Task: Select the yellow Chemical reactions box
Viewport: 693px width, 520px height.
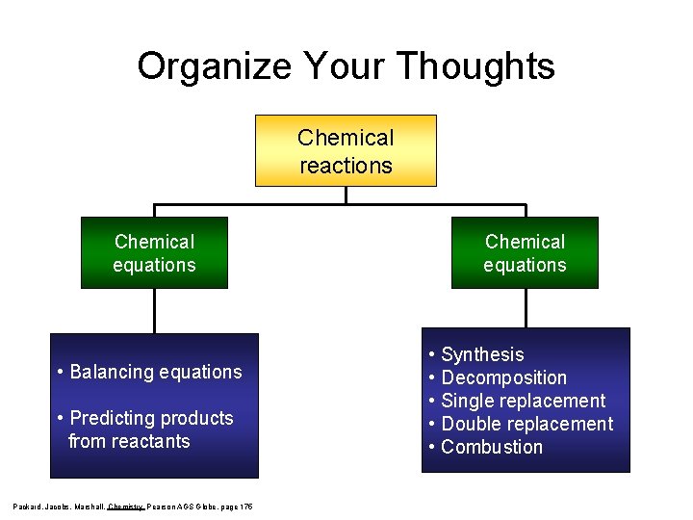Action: (x=346, y=151)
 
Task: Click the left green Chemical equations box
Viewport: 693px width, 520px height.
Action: (x=154, y=253)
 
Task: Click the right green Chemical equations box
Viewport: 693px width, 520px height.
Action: (x=525, y=253)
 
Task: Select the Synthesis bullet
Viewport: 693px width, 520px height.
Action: (x=482, y=354)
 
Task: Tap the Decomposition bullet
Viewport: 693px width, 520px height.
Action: (x=503, y=377)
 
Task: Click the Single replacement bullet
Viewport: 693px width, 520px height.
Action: (x=523, y=401)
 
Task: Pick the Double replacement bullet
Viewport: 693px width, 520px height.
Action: (x=526, y=424)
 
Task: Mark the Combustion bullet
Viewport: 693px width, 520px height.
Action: (x=492, y=447)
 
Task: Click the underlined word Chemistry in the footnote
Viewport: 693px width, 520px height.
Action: (x=125, y=506)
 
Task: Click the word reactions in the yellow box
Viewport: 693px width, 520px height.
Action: (x=346, y=165)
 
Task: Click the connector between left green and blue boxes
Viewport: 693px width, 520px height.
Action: (x=154, y=311)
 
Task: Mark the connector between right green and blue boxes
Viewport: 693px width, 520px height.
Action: (x=526, y=308)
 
